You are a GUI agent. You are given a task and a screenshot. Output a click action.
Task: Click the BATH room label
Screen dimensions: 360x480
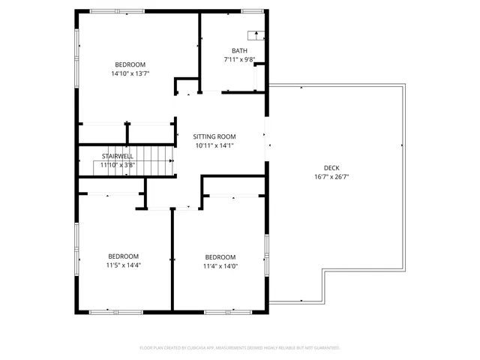coord(239,51)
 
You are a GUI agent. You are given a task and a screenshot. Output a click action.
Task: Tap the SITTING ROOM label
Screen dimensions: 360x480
coord(214,136)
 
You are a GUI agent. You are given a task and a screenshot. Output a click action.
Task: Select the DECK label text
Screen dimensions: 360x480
coord(331,167)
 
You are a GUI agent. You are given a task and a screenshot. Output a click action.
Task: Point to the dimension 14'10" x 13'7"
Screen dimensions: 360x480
coord(130,73)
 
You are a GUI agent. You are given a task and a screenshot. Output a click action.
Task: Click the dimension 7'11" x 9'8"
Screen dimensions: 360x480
coord(239,59)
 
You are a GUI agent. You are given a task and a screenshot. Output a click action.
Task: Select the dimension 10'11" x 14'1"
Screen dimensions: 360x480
coord(214,145)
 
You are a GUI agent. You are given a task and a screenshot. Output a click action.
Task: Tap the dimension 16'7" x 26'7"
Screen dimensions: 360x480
coord(331,177)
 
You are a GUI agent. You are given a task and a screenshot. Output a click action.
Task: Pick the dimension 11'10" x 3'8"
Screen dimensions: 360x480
coord(118,164)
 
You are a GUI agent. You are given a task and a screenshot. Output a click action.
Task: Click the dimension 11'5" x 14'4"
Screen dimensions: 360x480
coord(123,265)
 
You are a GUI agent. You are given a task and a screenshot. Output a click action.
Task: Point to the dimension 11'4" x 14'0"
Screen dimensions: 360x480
coord(220,265)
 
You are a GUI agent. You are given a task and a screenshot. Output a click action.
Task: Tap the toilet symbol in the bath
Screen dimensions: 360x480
coord(256,35)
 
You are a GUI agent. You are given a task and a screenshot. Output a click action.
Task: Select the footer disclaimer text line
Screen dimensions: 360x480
coord(240,348)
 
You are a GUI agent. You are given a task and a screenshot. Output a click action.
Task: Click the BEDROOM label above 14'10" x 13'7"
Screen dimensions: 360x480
coord(130,64)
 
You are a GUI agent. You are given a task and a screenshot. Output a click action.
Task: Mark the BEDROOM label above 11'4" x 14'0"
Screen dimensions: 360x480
coord(220,256)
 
